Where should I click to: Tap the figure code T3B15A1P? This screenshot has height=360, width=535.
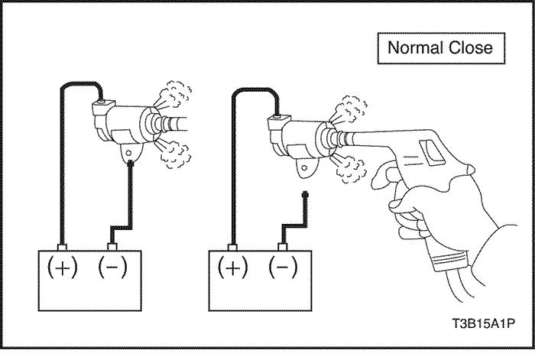click(x=483, y=323)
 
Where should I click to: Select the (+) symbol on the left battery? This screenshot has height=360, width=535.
click(x=63, y=268)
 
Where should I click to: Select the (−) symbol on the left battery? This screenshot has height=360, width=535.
click(x=112, y=267)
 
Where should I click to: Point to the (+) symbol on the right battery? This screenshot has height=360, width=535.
click(x=233, y=268)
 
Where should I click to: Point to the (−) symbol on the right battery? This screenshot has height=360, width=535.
click(x=283, y=267)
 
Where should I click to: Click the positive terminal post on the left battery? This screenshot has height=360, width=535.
click(x=63, y=247)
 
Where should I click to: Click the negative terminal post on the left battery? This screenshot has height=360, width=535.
click(x=112, y=247)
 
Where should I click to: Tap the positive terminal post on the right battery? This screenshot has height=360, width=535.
click(x=232, y=247)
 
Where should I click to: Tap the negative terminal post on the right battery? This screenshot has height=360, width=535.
click(x=283, y=247)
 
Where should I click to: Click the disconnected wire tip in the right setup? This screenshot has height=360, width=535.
click(x=305, y=195)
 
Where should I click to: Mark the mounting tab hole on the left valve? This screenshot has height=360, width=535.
click(x=129, y=153)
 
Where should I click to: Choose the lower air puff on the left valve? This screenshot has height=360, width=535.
click(x=173, y=154)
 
